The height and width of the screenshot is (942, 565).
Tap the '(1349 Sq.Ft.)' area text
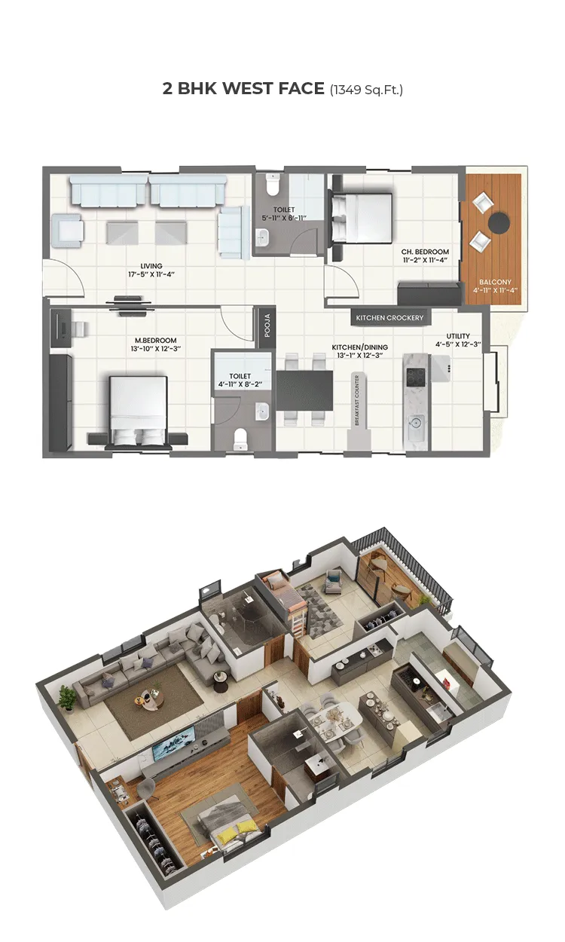(x=366, y=90)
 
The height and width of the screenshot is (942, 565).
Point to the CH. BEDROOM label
(x=425, y=251)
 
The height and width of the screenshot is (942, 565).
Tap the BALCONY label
(x=494, y=280)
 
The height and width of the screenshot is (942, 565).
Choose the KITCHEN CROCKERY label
(x=390, y=318)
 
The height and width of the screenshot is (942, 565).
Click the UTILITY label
(x=458, y=335)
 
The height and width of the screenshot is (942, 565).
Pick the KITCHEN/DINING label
(x=360, y=347)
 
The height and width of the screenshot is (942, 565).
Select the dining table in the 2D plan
(x=304, y=390)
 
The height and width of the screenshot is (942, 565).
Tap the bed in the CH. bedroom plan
(x=363, y=216)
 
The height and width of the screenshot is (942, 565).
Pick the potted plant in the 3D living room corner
(x=68, y=697)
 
